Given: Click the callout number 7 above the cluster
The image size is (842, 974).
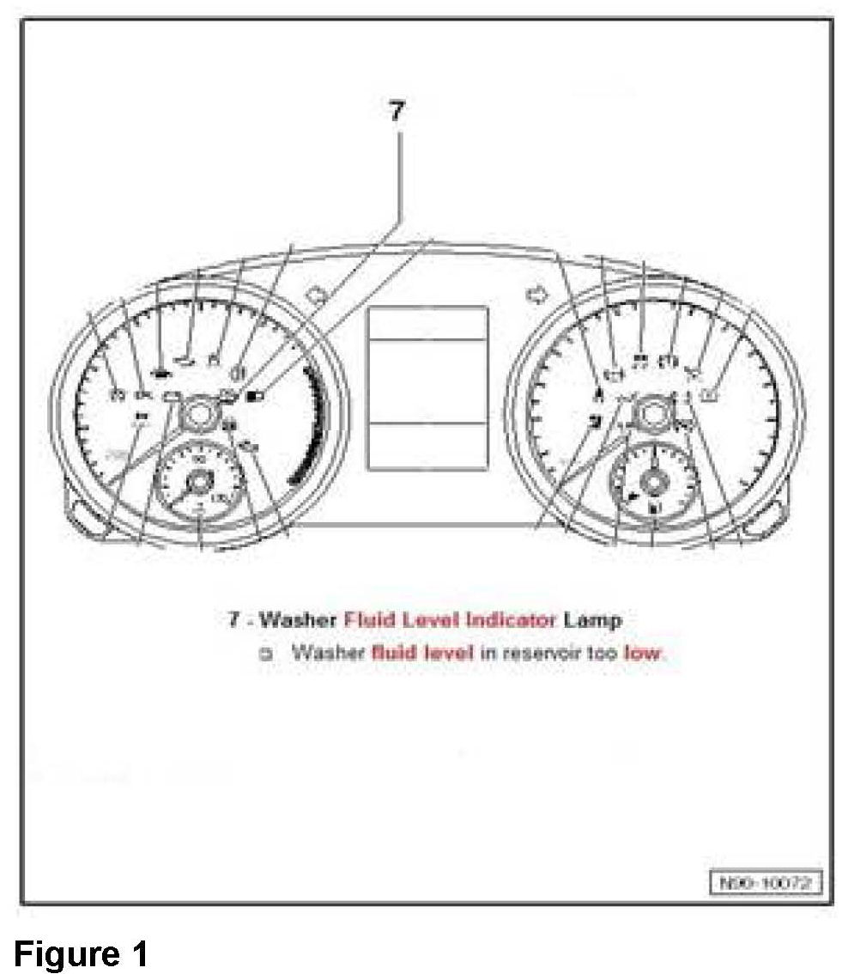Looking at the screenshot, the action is click(x=396, y=112).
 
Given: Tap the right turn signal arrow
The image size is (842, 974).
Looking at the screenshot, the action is click(x=537, y=296).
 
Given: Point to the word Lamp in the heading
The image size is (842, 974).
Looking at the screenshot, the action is click(x=593, y=618).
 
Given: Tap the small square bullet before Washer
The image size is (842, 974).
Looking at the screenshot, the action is click(x=265, y=653).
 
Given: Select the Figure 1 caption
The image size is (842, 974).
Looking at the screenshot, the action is click(x=81, y=953).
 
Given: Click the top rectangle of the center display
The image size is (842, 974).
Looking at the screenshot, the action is click(x=427, y=323).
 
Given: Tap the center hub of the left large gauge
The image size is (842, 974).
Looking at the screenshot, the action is click(x=198, y=416).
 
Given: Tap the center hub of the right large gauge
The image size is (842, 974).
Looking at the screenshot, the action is click(x=654, y=413).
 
